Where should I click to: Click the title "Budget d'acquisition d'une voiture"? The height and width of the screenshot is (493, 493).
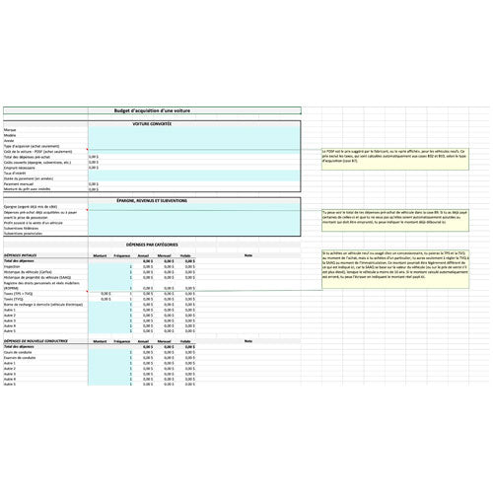click(150, 112)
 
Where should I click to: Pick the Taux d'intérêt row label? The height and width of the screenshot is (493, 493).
click(15, 173)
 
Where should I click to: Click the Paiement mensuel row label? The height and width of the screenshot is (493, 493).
click(18, 183)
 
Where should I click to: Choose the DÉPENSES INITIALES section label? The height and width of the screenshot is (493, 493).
click(22, 255)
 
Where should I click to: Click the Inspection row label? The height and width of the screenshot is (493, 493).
click(13, 266)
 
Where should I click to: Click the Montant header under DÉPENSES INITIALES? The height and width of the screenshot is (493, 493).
click(100, 255)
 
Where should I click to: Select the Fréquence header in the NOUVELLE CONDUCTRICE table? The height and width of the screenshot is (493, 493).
click(122, 342)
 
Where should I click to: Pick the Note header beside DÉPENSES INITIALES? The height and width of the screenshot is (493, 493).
click(248, 255)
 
